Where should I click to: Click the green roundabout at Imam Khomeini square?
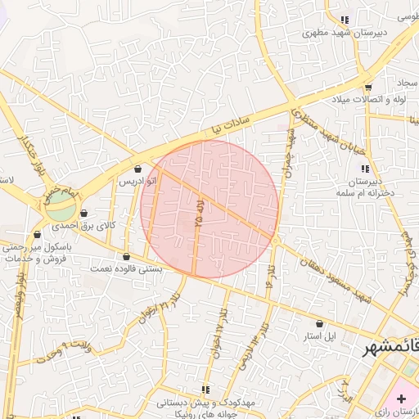point(59,205)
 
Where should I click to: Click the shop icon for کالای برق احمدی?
point(84,214)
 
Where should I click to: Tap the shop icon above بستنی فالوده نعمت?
point(125,257)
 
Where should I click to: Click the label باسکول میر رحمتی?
point(37,246)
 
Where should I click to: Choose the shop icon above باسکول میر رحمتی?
point(37,235)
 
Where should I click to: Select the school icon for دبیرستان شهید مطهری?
point(345,20)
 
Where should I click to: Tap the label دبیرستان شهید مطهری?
point(331,34)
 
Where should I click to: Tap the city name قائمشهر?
point(391,348)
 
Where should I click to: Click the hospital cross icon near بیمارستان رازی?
point(401,399)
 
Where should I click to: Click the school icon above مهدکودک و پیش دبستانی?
point(205,389)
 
